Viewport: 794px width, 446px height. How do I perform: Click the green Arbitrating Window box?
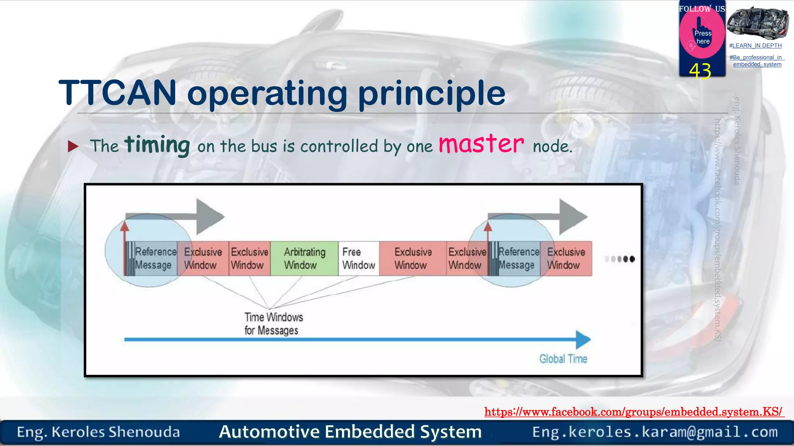[304, 259]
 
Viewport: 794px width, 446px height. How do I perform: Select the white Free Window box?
[359, 259]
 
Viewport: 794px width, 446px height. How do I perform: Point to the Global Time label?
[563, 359]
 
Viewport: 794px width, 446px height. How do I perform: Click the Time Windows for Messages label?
[273, 324]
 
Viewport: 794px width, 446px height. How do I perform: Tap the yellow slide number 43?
[700, 71]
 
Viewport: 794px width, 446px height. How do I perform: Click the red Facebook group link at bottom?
[633, 412]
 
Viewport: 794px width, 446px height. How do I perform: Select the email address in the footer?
[655, 432]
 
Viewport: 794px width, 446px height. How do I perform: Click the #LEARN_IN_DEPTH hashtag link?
[755, 46]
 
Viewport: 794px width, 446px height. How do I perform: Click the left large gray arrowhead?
[209, 216]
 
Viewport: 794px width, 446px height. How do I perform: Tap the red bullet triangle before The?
[73, 146]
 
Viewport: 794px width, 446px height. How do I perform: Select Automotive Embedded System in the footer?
[350, 432]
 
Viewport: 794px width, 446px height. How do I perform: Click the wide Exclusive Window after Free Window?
[413, 259]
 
